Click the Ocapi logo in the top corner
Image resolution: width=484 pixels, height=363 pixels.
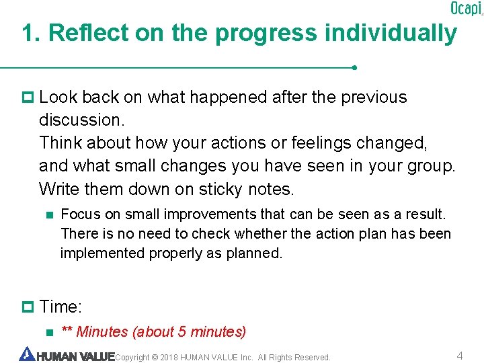tap(465, 9)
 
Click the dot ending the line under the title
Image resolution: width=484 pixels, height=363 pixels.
tap(354, 68)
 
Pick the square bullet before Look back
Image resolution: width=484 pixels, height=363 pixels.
tap(28, 97)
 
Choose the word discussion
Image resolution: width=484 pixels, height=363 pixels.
tap(82, 120)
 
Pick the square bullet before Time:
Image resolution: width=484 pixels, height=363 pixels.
tap(28, 307)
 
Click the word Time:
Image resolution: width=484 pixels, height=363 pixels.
tap(61, 307)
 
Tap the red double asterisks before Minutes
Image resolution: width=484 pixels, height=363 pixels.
tap(67, 331)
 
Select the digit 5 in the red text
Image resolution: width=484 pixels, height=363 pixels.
tap(182, 332)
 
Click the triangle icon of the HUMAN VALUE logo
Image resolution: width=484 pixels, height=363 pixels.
tap(27, 354)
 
